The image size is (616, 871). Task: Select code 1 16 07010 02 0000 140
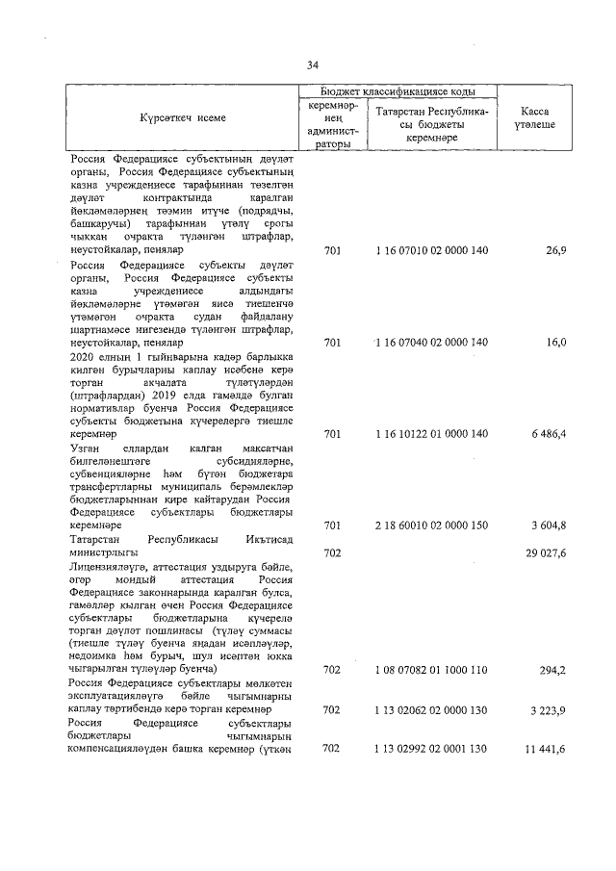coord(433,250)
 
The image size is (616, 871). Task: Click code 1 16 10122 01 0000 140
coord(433,434)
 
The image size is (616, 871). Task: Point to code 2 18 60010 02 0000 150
coord(433,525)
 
